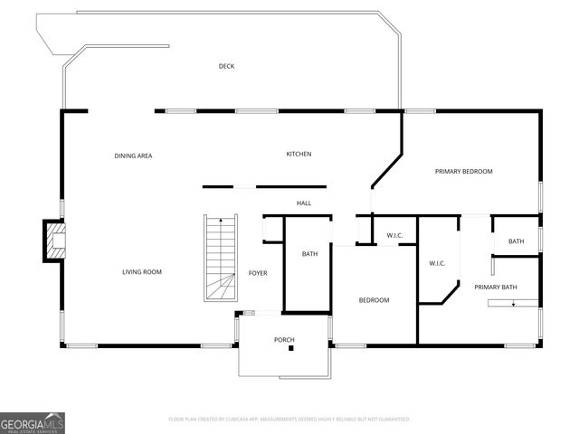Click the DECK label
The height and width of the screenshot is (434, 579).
(226, 66)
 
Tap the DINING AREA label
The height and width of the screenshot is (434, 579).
(133, 156)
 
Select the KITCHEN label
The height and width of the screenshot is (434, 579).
(299, 155)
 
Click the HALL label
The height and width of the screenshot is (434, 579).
(304, 203)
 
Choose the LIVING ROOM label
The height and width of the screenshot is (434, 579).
(142, 272)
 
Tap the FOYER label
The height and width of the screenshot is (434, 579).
(259, 273)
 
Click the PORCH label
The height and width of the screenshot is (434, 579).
(284, 340)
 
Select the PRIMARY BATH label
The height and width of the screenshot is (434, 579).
(496, 287)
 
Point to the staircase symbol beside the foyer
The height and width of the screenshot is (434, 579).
(220, 259)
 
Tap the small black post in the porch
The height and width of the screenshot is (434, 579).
(291, 349)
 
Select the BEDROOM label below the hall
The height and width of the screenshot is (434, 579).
(374, 300)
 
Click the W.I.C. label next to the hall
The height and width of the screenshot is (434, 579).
(394, 237)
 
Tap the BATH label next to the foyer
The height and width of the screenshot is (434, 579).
(309, 254)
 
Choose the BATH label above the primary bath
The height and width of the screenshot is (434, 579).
(516, 241)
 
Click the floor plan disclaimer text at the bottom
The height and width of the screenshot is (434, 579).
(289, 420)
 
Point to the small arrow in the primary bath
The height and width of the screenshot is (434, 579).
(513, 304)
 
